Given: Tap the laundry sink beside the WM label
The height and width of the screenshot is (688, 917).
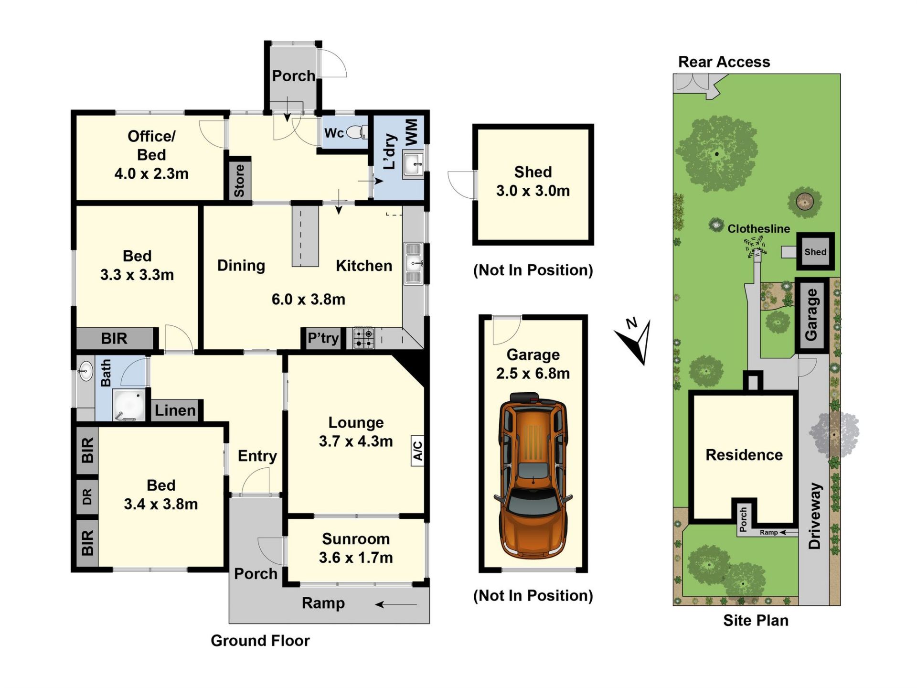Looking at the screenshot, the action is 413,164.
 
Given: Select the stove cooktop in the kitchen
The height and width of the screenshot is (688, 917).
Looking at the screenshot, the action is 363,338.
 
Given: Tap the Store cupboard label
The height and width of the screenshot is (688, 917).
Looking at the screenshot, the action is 239,181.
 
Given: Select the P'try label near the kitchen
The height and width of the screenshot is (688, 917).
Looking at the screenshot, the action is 323,338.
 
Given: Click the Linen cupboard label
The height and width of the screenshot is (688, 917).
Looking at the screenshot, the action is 175,410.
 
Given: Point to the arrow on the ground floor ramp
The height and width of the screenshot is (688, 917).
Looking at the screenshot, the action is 396,605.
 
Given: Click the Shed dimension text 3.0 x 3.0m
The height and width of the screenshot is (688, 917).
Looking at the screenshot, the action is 533,191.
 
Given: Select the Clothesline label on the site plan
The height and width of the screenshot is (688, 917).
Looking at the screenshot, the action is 758,229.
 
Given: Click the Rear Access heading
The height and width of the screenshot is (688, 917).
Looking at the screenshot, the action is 724,62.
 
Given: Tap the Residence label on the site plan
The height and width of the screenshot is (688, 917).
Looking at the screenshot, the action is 744,455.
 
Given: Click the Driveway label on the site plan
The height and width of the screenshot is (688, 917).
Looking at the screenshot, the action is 815,516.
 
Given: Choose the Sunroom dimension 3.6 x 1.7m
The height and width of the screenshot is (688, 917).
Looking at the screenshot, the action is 356,558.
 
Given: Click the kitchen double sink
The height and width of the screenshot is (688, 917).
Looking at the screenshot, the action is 414,263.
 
